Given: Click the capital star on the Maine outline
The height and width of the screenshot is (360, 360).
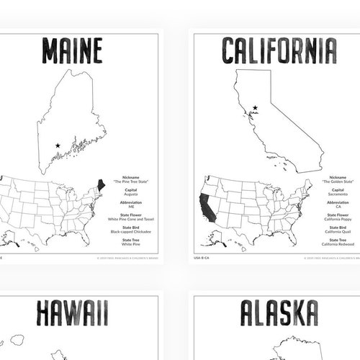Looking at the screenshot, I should point(57,146).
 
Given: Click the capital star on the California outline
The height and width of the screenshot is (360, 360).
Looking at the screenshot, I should point(255,109).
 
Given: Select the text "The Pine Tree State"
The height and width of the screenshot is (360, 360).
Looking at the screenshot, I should point(130,182).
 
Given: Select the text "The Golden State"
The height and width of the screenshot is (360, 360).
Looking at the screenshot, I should point(338,182).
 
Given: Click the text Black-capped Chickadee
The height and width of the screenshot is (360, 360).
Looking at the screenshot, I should point(130,232).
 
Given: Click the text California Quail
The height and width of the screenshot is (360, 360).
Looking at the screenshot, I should point(338,232).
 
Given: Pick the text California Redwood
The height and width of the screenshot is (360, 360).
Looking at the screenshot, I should point(338,245).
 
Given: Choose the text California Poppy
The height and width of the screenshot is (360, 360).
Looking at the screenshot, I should point(338,219).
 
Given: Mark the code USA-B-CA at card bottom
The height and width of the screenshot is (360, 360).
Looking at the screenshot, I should point(202,257).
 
